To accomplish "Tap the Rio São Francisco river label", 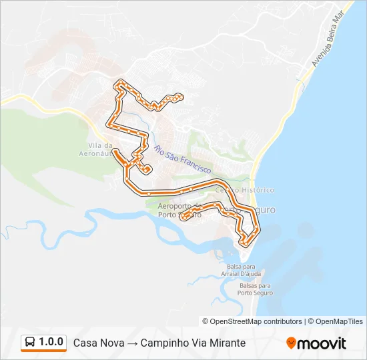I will click(x=182, y=159).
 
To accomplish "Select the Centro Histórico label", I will click(x=254, y=190).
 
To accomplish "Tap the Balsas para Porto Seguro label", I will click(x=255, y=289).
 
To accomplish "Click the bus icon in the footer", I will click(x=29, y=343).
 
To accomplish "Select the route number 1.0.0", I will click(x=51, y=342).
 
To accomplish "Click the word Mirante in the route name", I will click(x=226, y=343).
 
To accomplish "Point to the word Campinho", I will click(x=162, y=343).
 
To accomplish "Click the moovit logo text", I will click(x=322, y=343).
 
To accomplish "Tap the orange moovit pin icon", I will click(x=291, y=343).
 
